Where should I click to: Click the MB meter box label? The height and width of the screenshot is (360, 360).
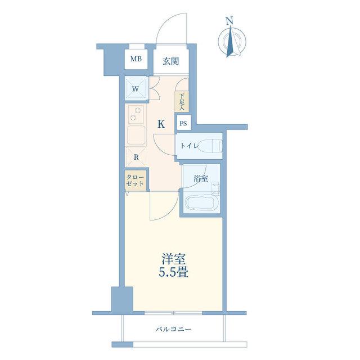point(136,59)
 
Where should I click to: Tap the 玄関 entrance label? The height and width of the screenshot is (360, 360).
point(171,61)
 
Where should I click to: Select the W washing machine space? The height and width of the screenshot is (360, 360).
point(136,89)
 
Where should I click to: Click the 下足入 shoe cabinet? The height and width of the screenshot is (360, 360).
point(182,102)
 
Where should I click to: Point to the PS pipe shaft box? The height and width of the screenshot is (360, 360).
point(183,124)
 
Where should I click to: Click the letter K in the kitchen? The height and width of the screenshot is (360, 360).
point(161,124)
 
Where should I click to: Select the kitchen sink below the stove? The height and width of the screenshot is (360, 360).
point(136,135)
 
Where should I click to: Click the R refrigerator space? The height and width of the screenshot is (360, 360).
point(136,157)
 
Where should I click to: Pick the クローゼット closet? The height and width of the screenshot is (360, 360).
point(136,181)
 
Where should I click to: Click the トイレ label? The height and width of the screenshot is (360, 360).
point(189,146)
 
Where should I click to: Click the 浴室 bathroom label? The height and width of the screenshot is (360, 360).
point(201,179)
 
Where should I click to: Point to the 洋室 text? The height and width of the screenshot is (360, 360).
point(174,259)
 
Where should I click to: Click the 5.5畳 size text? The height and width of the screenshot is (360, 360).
point(174,272)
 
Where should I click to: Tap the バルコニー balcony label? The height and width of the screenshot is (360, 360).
point(173,330)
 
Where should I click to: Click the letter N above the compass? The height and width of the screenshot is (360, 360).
point(229,21)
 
